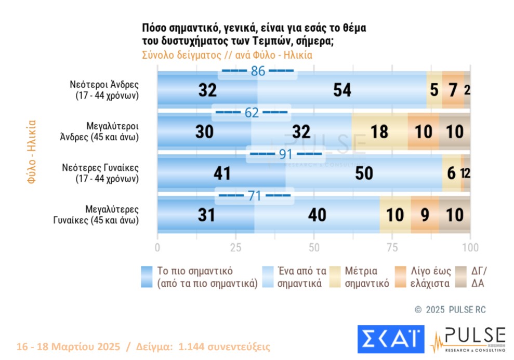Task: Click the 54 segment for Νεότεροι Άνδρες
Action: coord(342,90)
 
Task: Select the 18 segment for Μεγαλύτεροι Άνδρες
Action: coord(379,132)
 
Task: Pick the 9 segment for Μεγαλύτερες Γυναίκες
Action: coord(425,215)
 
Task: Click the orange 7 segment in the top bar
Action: coord(453,90)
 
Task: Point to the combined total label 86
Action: coord(258,71)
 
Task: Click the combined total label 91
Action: coord(285,154)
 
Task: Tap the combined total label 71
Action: coord(255,195)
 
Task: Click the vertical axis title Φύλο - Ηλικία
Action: coord(32,152)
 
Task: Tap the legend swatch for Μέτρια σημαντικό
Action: coord(335,277)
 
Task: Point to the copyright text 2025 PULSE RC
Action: coord(451,310)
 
